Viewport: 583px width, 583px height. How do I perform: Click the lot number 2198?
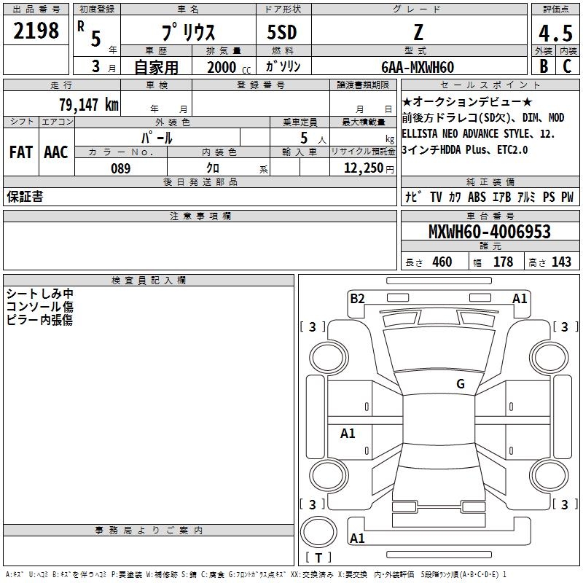tap(36, 31)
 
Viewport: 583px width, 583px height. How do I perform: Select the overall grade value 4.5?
tap(555, 34)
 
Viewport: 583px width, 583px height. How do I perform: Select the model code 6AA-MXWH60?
tap(418, 67)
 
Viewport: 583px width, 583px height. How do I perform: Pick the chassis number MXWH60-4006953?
tap(489, 232)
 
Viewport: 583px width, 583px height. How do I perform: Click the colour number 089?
tap(120, 168)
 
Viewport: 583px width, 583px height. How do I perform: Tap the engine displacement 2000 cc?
tap(225, 67)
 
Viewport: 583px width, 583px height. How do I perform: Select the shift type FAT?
tap(20, 152)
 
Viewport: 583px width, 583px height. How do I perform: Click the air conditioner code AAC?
tap(55, 152)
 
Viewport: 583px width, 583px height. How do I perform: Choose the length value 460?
tap(442, 262)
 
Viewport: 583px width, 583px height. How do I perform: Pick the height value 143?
tap(561, 262)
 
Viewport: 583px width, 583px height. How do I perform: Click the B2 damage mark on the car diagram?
tap(357, 298)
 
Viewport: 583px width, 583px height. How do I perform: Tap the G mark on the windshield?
tap(460, 383)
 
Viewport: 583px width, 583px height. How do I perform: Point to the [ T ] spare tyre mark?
tap(318, 557)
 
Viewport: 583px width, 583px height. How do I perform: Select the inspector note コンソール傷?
tap(39, 307)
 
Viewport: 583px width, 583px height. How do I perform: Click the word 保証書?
tap(25, 197)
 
